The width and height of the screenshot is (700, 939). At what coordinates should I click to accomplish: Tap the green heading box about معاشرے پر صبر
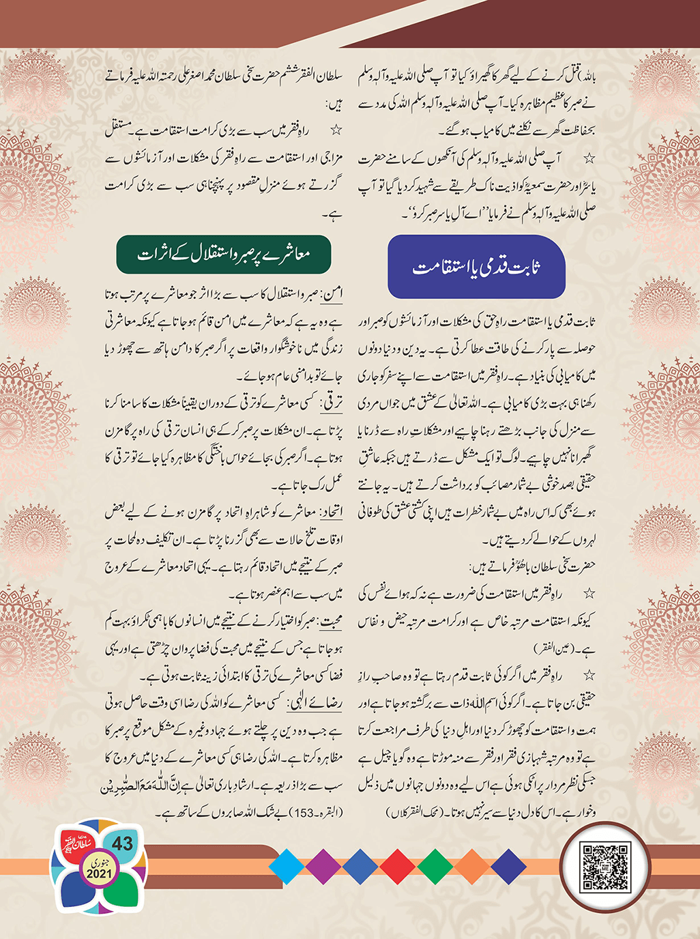[x=224, y=255]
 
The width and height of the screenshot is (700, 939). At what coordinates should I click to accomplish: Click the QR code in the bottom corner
[x=604, y=867]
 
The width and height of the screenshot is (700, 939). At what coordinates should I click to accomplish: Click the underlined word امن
[x=333, y=294]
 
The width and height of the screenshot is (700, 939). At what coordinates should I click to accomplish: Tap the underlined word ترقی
[x=331, y=403]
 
